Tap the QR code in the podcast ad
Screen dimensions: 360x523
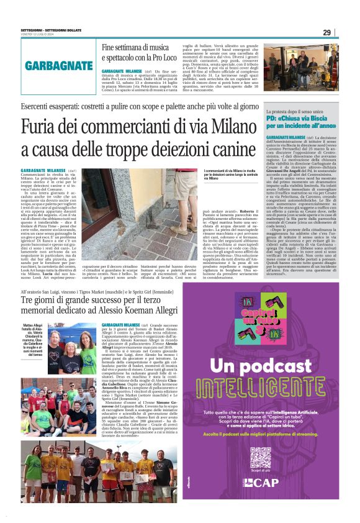tap(260, 457)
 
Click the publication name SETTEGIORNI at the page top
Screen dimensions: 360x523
tap(35, 29)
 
